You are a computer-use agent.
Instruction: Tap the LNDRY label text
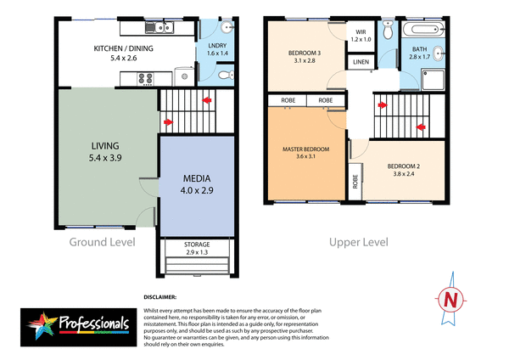click(x=215, y=47)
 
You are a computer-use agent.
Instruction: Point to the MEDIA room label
click(x=196, y=184)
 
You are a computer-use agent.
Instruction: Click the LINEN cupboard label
click(x=361, y=63)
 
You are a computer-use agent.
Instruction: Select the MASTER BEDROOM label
click(x=305, y=154)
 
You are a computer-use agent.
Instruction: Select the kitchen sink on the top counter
click(x=161, y=28)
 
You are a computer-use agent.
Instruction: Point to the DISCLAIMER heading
click(x=159, y=297)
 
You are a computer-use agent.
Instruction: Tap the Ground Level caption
click(x=102, y=243)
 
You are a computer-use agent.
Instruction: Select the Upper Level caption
click(x=359, y=243)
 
